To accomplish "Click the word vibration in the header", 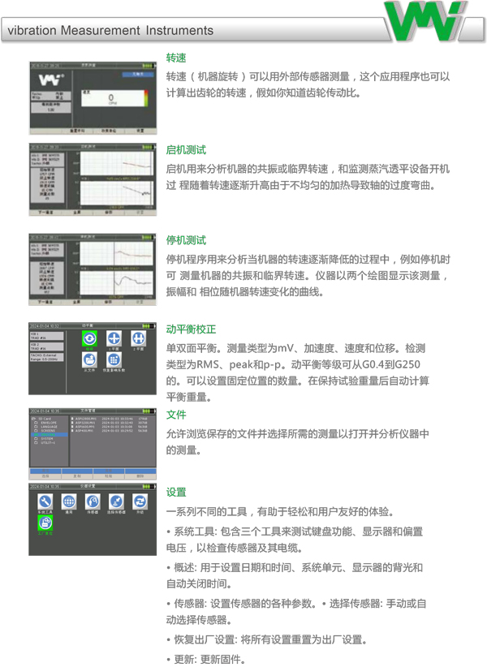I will point(34,31).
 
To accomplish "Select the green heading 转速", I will point(176,58).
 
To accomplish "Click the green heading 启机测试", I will point(186,150).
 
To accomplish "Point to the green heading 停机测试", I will point(186,241).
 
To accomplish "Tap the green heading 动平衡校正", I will point(191,329).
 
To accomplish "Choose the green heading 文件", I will point(176,415).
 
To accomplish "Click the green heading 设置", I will point(176,493).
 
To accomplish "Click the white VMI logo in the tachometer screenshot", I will point(49,80).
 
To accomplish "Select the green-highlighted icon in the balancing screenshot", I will point(90,339).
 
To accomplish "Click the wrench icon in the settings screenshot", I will point(45,501).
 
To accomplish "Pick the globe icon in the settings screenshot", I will point(69,501).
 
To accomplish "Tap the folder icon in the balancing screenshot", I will point(90,359).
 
